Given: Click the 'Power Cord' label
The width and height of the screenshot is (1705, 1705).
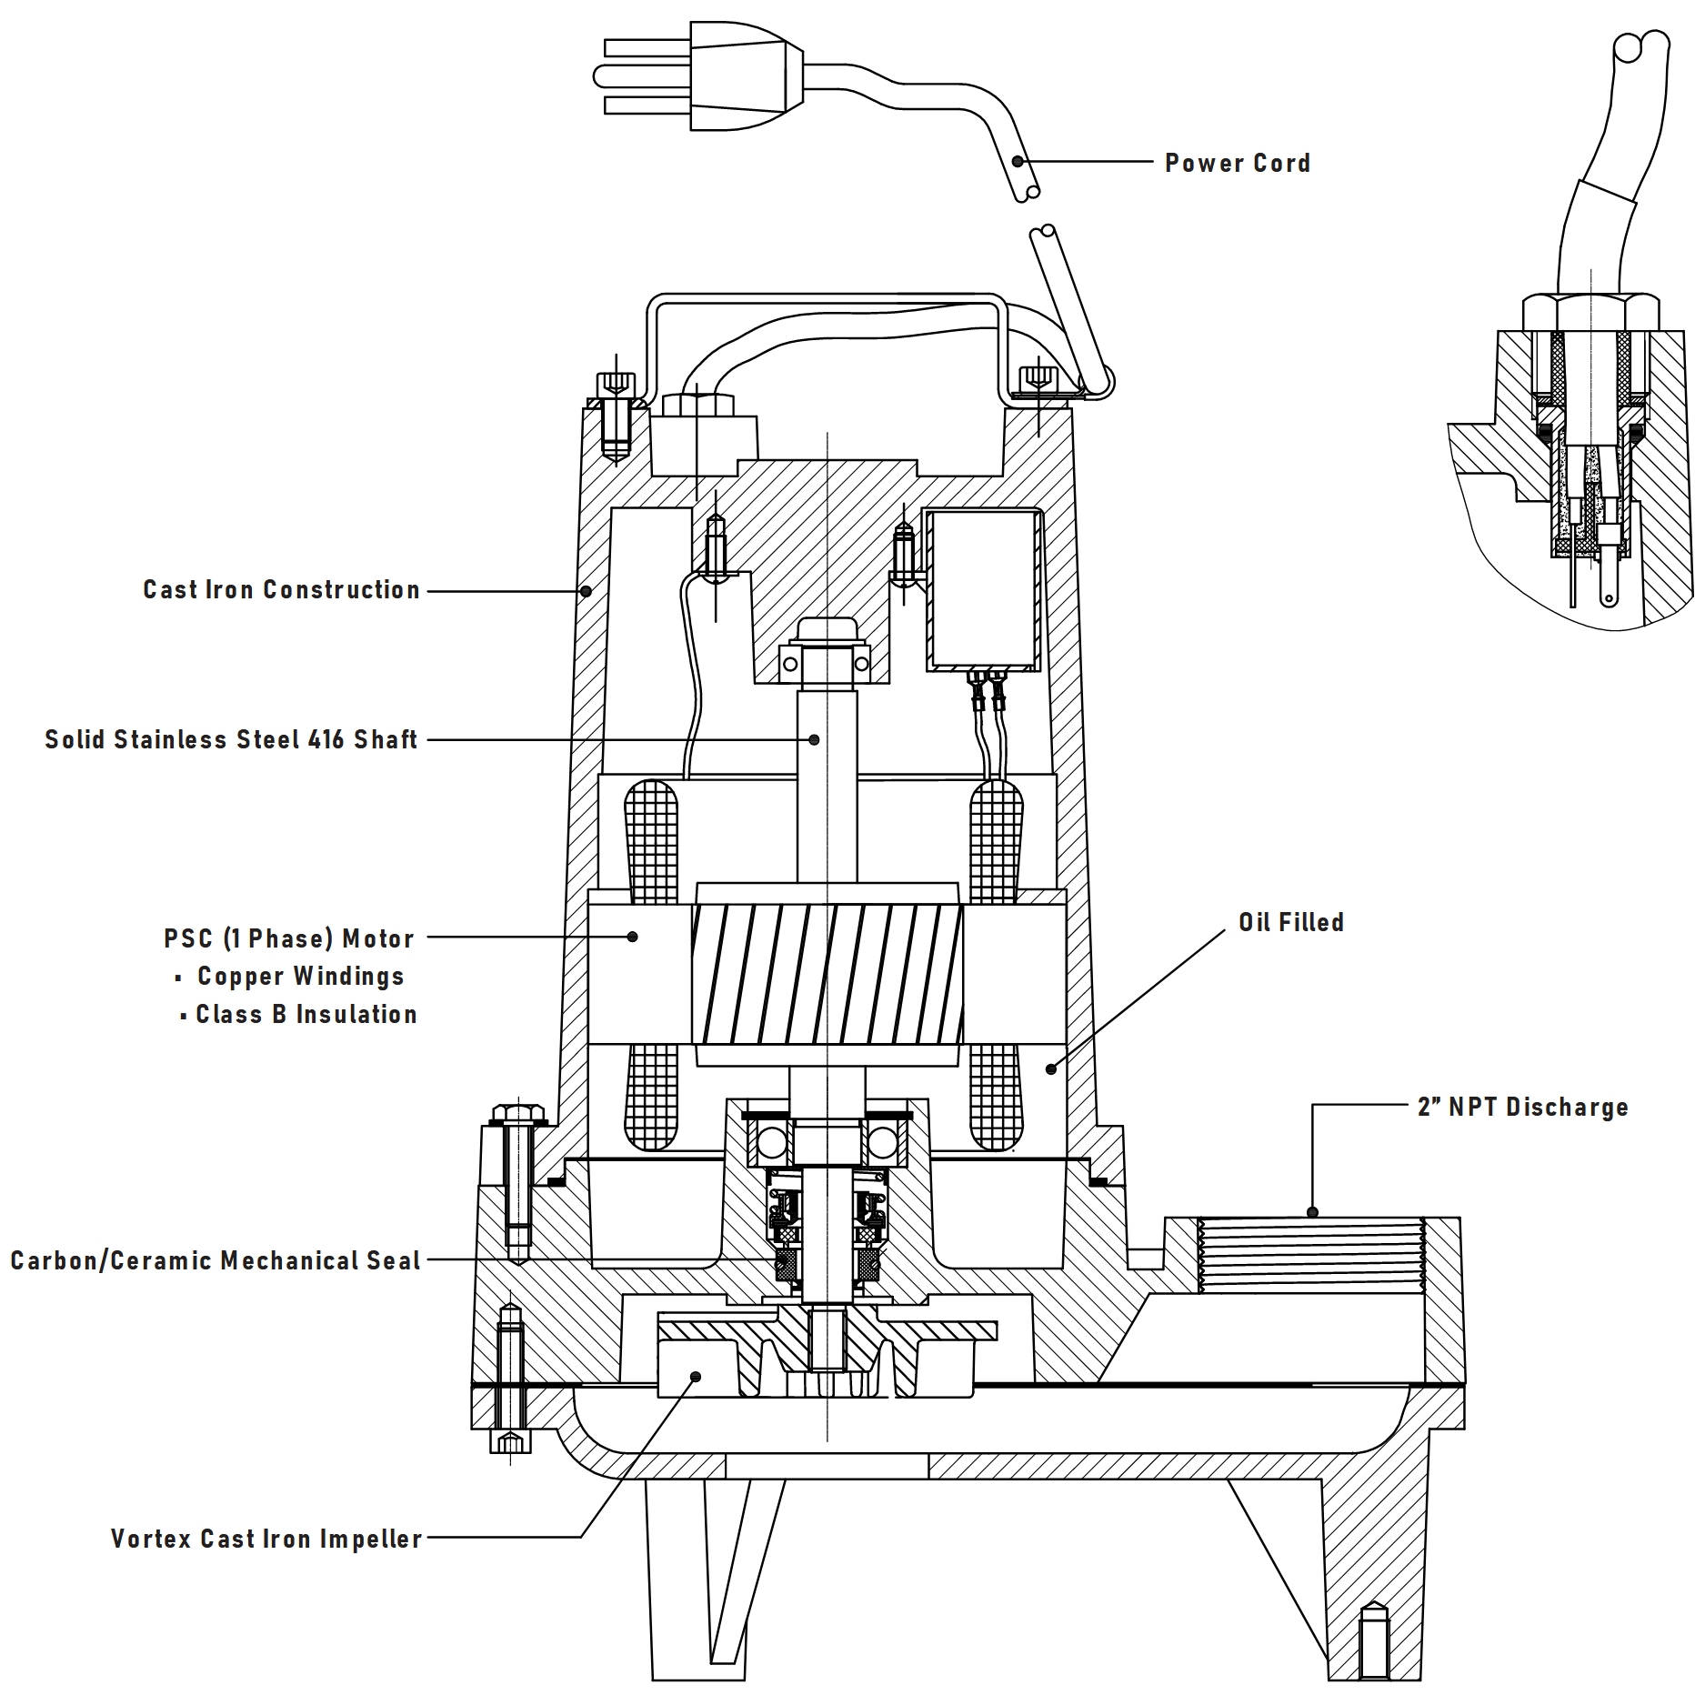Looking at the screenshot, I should tap(1238, 164).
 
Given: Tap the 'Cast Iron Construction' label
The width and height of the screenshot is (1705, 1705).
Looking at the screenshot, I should tap(282, 590).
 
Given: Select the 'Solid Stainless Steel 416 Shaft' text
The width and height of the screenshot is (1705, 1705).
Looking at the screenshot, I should tap(232, 739).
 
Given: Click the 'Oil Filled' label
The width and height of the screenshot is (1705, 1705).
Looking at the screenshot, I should tap(1290, 923).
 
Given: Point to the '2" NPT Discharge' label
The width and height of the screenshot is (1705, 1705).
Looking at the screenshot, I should tap(1522, 1108).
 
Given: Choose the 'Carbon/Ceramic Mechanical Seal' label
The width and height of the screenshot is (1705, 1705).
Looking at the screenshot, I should tap(216, 1261).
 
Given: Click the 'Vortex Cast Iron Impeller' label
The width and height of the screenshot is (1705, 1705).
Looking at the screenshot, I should tap(266, 1540).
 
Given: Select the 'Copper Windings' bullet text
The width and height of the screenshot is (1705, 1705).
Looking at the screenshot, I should tap(300, 977).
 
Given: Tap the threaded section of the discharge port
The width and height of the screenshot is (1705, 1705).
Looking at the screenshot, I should tap(1310, 1256).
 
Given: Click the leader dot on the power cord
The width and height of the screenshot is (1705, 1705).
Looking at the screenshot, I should tap(1018, 162).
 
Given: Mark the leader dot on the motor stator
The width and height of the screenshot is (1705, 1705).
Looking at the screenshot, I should tap(634, 937).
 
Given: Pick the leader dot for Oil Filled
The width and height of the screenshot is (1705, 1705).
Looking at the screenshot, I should tap(1051, 1069).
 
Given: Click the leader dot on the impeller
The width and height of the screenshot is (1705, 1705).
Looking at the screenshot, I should tap(696, 1377).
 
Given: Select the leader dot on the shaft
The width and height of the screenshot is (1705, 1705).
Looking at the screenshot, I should tap(815, 740).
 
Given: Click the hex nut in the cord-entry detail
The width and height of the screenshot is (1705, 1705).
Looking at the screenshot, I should tap(1590, 312).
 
